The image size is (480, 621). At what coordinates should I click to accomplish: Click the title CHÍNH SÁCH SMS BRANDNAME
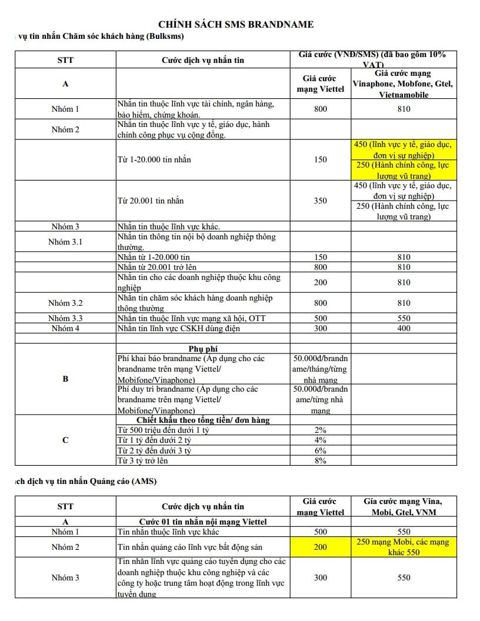236,24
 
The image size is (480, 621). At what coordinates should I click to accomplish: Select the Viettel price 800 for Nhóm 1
320,109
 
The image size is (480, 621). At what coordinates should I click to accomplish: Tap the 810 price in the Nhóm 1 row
404,109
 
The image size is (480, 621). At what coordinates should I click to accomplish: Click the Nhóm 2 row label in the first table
65,129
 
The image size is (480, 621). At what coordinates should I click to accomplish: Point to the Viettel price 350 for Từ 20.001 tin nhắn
320,201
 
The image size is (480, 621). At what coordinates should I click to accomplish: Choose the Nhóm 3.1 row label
65,242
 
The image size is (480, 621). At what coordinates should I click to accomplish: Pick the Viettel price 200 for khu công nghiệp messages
320,282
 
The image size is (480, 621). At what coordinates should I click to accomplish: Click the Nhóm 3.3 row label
65,318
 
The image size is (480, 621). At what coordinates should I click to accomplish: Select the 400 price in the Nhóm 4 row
404,328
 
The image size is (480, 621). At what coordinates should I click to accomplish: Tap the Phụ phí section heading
204,349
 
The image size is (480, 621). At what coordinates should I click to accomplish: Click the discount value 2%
320,430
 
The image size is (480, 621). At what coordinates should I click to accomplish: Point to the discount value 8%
320,460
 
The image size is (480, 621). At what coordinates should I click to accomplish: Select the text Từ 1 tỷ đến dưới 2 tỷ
154,440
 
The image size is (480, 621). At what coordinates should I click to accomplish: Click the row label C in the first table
65,440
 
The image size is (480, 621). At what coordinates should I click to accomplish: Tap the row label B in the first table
65,379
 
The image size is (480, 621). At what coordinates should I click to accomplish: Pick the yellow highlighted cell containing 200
320,547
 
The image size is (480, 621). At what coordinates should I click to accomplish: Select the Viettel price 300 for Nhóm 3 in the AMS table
320,577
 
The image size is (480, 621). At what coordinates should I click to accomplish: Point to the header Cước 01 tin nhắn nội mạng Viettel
203,522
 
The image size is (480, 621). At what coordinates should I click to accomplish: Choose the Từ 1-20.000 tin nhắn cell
154,159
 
